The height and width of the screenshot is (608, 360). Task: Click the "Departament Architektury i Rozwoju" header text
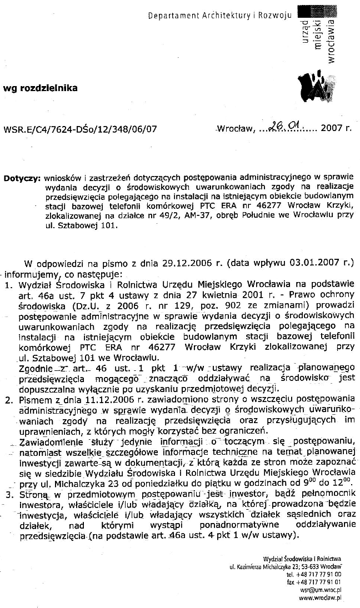point(219,16)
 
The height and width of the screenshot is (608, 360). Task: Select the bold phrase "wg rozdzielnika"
point(41,88)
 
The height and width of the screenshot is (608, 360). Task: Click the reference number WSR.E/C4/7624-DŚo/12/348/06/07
point(80,129)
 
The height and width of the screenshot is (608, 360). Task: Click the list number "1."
point(8,285)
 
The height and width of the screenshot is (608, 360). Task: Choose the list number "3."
point(8,494)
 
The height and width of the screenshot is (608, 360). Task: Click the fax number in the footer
point(318,582)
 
